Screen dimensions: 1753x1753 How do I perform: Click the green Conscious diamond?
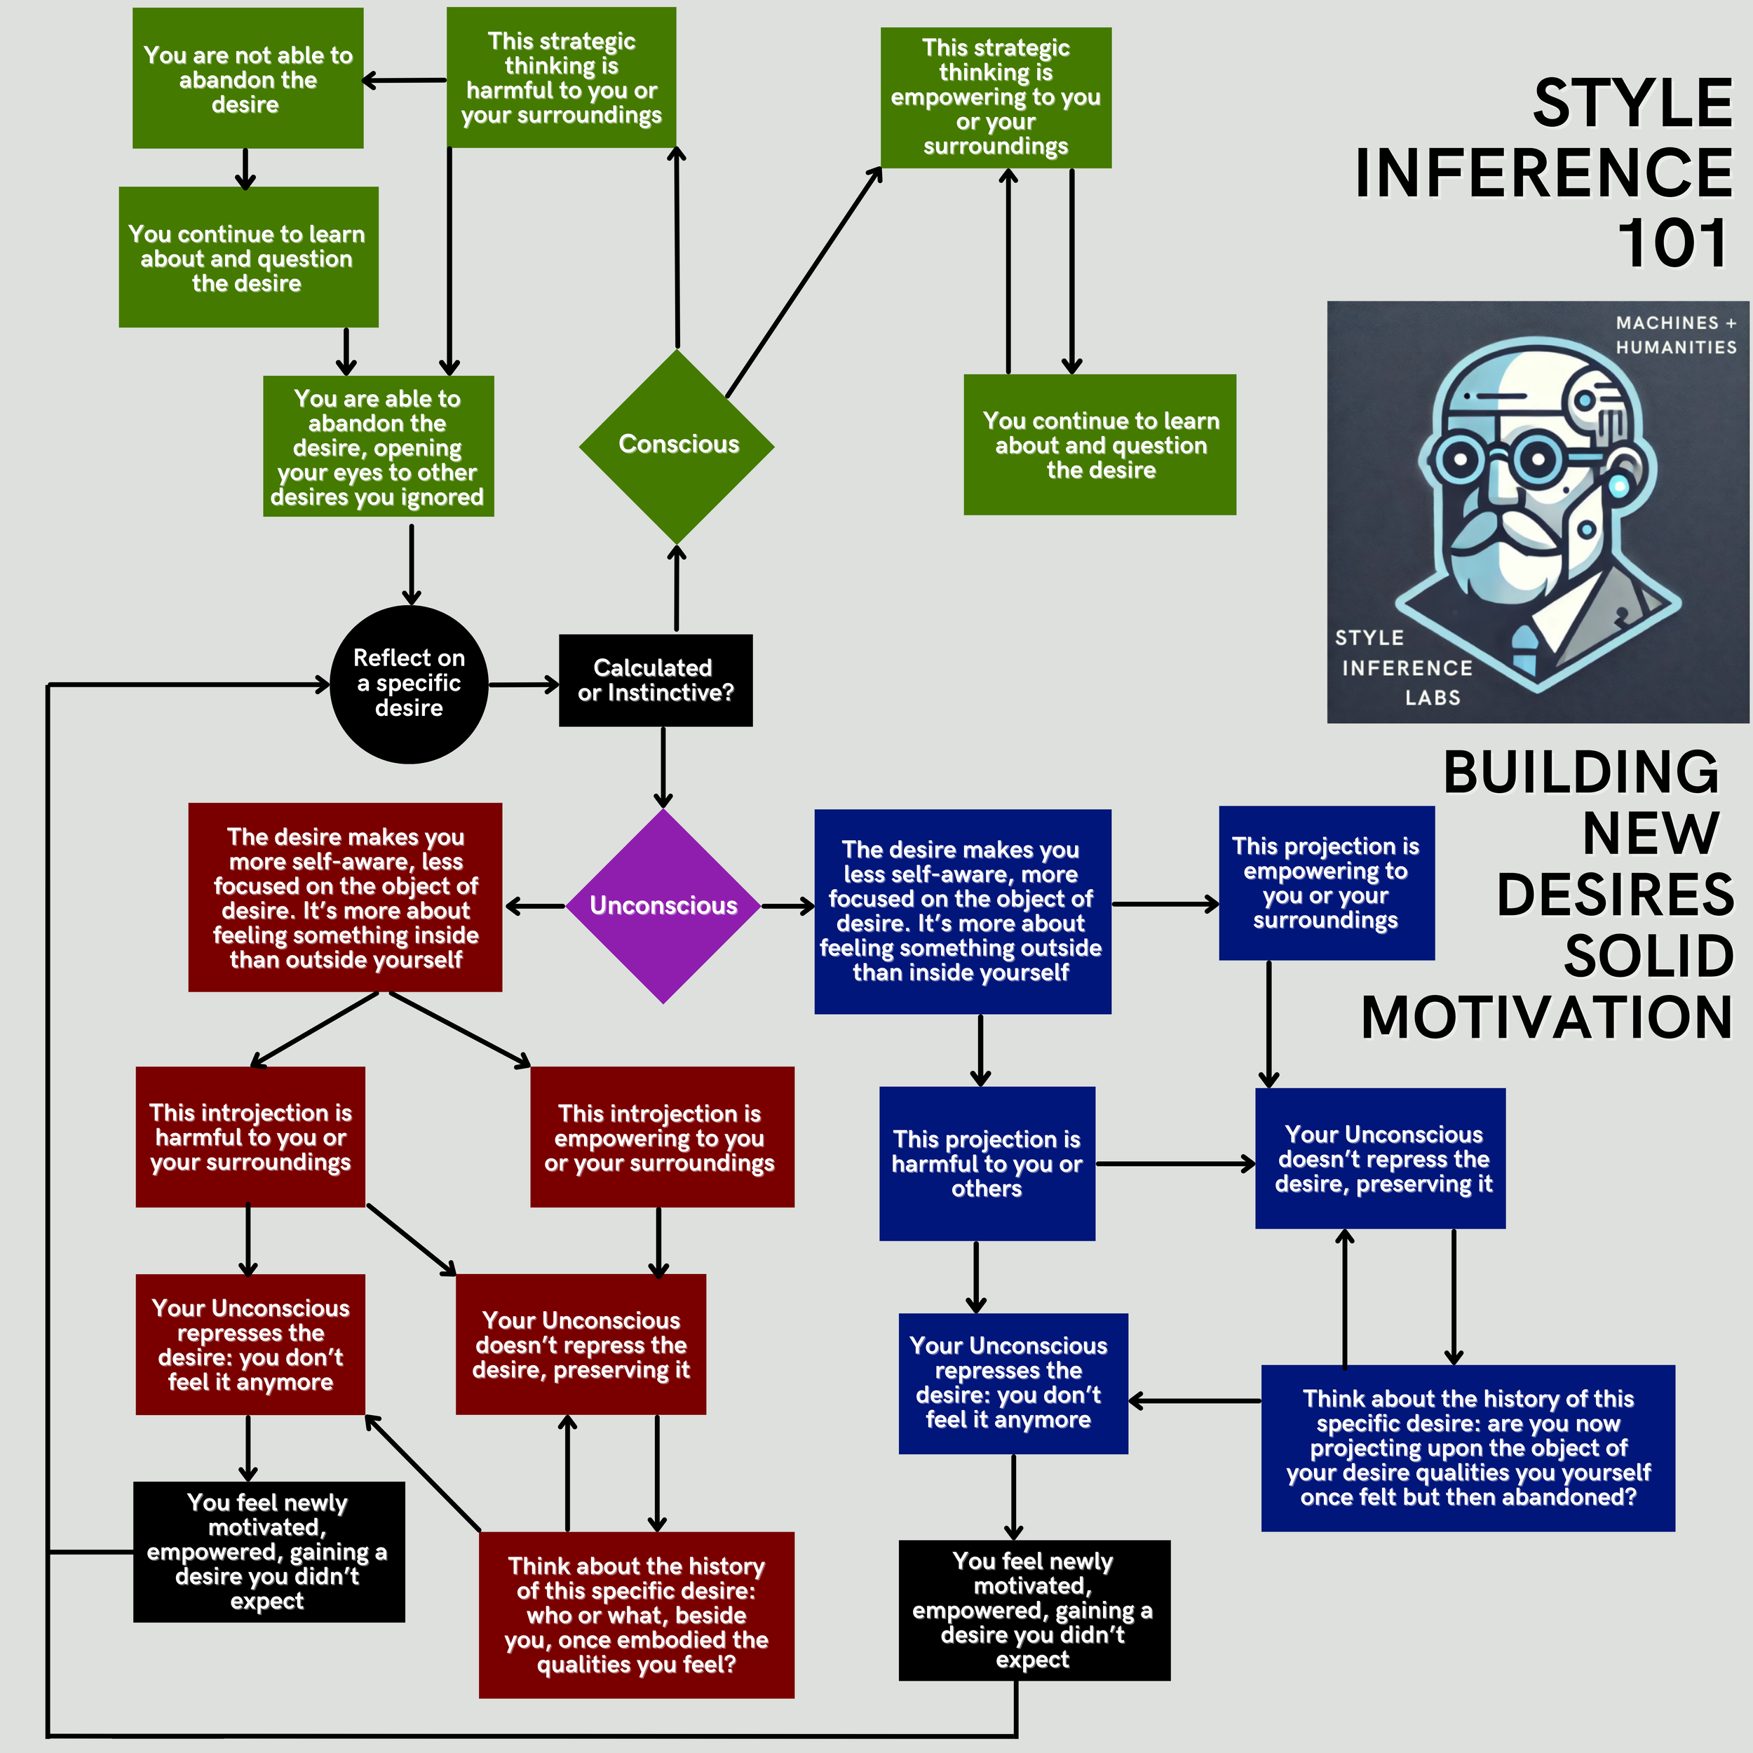click(677, 445)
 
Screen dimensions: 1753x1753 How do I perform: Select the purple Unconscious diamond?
click(663, 905)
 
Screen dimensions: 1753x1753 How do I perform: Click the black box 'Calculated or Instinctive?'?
click(655, 680)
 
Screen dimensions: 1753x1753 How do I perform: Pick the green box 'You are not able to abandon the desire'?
click(248, 79)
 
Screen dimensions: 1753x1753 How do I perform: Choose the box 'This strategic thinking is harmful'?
click(561, 78)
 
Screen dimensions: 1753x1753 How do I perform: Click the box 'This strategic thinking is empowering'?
click(996, 97)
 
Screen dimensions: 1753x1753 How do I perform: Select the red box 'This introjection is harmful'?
click(250, 1137)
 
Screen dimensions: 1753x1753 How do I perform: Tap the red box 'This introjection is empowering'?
click(661, 1137)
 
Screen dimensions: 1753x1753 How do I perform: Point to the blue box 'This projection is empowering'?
click(1326, 883)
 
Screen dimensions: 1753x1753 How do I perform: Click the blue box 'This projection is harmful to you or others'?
click(987, 1163)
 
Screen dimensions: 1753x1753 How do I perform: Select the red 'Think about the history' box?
click(636, 1614)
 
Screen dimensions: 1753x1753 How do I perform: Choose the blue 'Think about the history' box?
click(1467, 1447)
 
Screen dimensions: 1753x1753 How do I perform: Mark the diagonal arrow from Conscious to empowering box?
click(803, 283)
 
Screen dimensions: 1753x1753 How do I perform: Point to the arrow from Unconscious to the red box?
click(535, 905)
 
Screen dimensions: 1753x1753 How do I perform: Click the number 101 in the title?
click(1672, 243)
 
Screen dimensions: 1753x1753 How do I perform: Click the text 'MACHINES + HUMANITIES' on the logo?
click(1675, 334)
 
